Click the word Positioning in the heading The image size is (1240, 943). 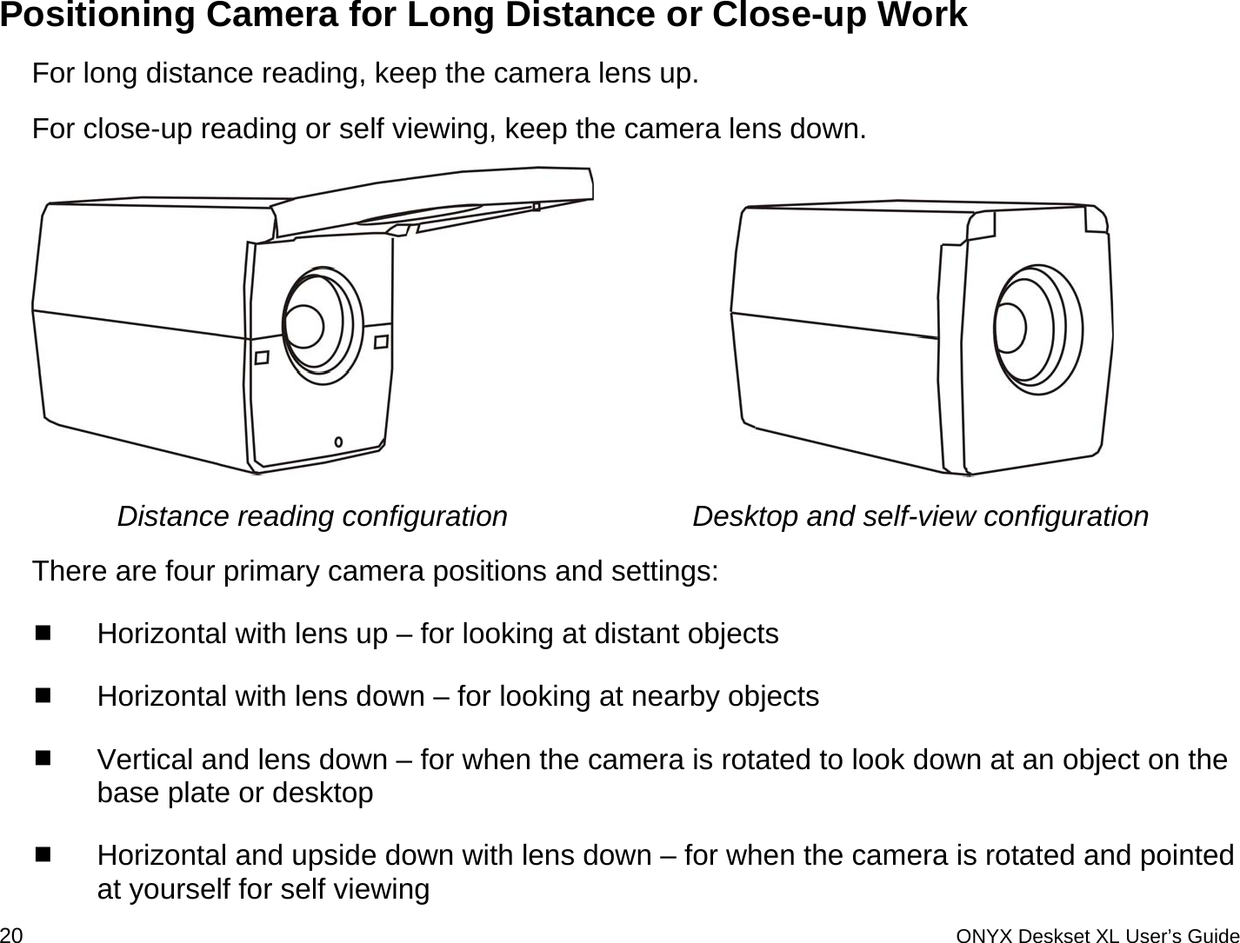tap(97, 16)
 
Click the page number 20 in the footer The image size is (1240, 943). tap(12, 934)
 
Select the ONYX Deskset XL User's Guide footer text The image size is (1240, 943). tap(1097, 935)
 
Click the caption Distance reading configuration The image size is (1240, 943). tap(312, 516)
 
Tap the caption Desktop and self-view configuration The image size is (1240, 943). tap(920, 516)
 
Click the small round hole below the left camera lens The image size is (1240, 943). tap(338, 442)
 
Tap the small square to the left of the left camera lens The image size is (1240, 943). tap(261, 357)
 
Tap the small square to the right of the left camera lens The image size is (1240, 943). tap(381, 342)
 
